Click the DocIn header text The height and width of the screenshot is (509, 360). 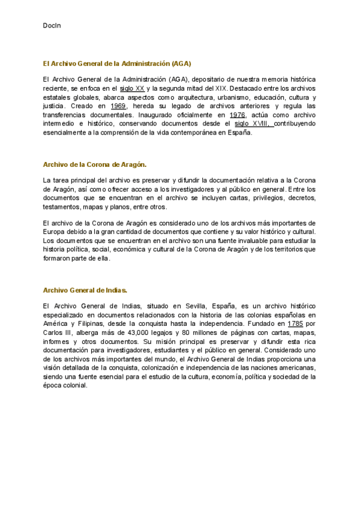(52, 26)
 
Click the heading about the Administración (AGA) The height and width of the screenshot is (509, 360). (117, 63)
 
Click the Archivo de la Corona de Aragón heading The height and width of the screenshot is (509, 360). (95, 164)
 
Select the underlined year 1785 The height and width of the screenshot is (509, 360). (295, 324)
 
